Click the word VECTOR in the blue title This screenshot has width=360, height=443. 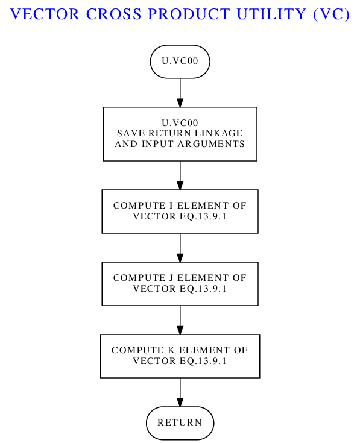click(45, 14)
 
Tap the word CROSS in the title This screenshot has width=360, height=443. click(113, 14)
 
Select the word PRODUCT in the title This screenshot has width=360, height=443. click(189, 14)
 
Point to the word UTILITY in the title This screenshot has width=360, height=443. click(271, 14)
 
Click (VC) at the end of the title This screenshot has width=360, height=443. click(332, 14)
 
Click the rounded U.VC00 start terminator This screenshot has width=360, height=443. click(180, 61)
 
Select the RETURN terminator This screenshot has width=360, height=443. click(180, 423)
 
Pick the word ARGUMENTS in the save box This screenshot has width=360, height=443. click(211, 144)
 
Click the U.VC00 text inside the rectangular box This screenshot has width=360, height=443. click(180, 123)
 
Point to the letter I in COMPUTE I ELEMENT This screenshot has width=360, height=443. click(171, 206)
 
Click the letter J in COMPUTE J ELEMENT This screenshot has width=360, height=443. click(171, 278)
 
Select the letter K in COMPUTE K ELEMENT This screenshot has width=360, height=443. click(171, 350)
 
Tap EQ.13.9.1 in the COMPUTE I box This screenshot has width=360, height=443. click(203, 216)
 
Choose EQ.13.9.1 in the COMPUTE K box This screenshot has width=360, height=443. click(203, 361)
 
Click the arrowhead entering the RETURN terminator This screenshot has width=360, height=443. click(180, 403)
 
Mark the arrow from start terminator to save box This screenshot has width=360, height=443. click(180, 93)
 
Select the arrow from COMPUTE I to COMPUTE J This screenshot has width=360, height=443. click(180, 248)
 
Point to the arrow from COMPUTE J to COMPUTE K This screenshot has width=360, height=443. click(180, 320)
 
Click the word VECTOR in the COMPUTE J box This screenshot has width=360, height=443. click(154, 289)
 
